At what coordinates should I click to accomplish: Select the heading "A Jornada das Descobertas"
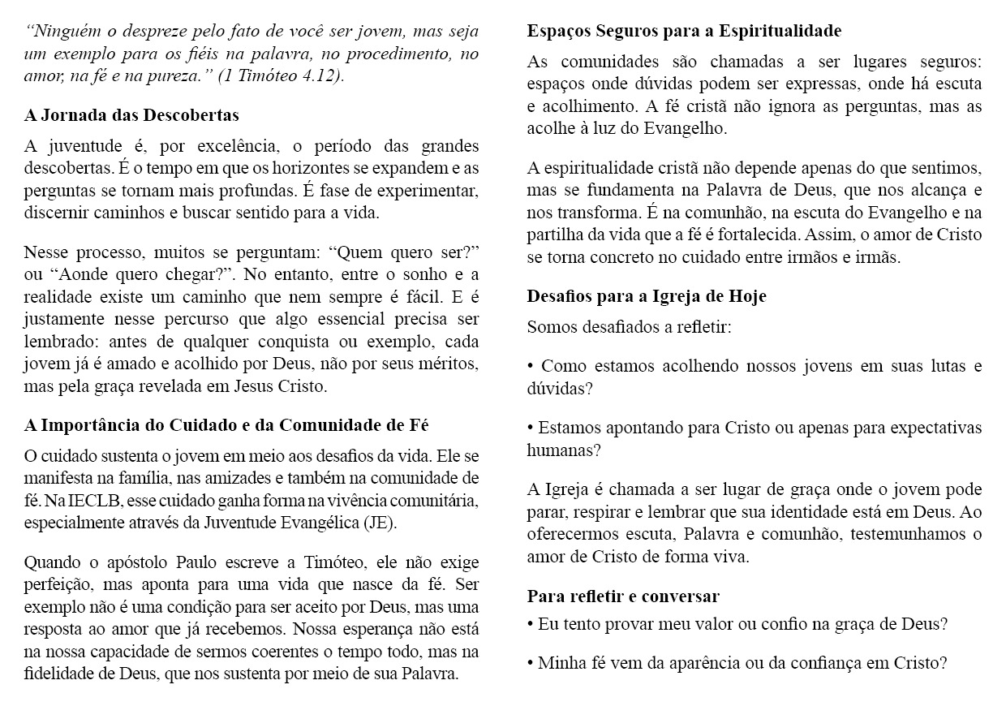pyautogui.click(x=131, y=116)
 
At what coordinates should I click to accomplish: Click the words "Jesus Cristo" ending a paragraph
pyautogui.click(x=286, y=386)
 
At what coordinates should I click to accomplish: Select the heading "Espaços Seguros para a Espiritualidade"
pyautogui.click(x=684, y=32)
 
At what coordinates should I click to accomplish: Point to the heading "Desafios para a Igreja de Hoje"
pyautogui.click(x=647, y=296)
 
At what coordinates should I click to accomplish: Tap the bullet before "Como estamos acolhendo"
pyautogui.click(x=531, y=366)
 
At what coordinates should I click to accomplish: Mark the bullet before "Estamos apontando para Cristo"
pyautogui.click(x=531, y=428)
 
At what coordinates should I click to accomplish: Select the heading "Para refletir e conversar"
pyautogui.click(x=623, y=596)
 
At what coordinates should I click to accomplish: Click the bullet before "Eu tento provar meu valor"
pyautogui.click(x=531, y=625)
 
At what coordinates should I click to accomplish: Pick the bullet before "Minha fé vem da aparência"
pyautogui.click(x=531, y=662)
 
